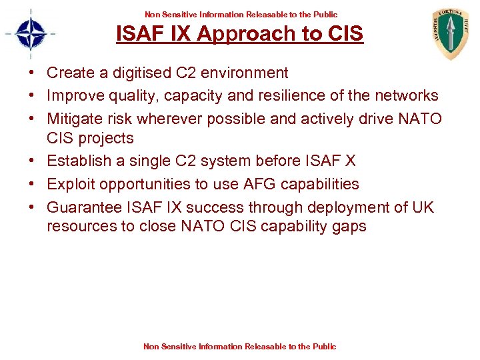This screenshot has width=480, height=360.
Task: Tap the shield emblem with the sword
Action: click(x=451, y=33)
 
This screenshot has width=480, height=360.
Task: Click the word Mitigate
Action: click(x=75, y=119)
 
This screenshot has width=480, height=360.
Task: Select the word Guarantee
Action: click(x=83, y=207)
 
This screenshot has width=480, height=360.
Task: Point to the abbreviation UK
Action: click(x=423, y=207)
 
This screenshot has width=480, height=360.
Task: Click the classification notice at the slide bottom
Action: click(x=240, y=346)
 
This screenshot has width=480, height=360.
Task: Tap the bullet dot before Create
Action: click(x=33, y=73)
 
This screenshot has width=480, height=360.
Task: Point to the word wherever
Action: click(x=172, y=119)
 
